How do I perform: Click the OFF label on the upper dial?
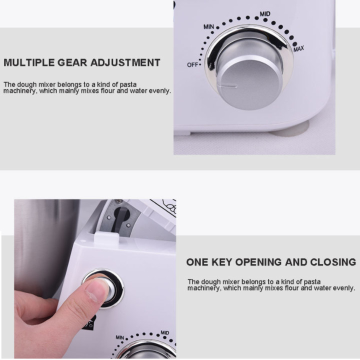(x=192, y=65)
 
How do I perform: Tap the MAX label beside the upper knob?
(x=298, y=49)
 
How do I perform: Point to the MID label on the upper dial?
(x=265, y=14)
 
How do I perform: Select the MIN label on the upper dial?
(x=208, y=27)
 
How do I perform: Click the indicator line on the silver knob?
(x=228, y=86)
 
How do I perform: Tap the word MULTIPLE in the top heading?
(x=29, y=62)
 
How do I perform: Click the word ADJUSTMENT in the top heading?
(x=125, y=62)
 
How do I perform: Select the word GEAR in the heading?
(x=72, y=62)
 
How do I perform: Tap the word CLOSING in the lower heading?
(x=333, y=262)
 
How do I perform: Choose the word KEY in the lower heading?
(x=221, y=262)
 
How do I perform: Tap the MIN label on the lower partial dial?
(x=120, y=337)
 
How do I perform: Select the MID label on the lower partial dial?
(x=165, y=332)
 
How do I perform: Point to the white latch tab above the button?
(x=106, y=239)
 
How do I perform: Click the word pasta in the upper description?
(x=128, y=84)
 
